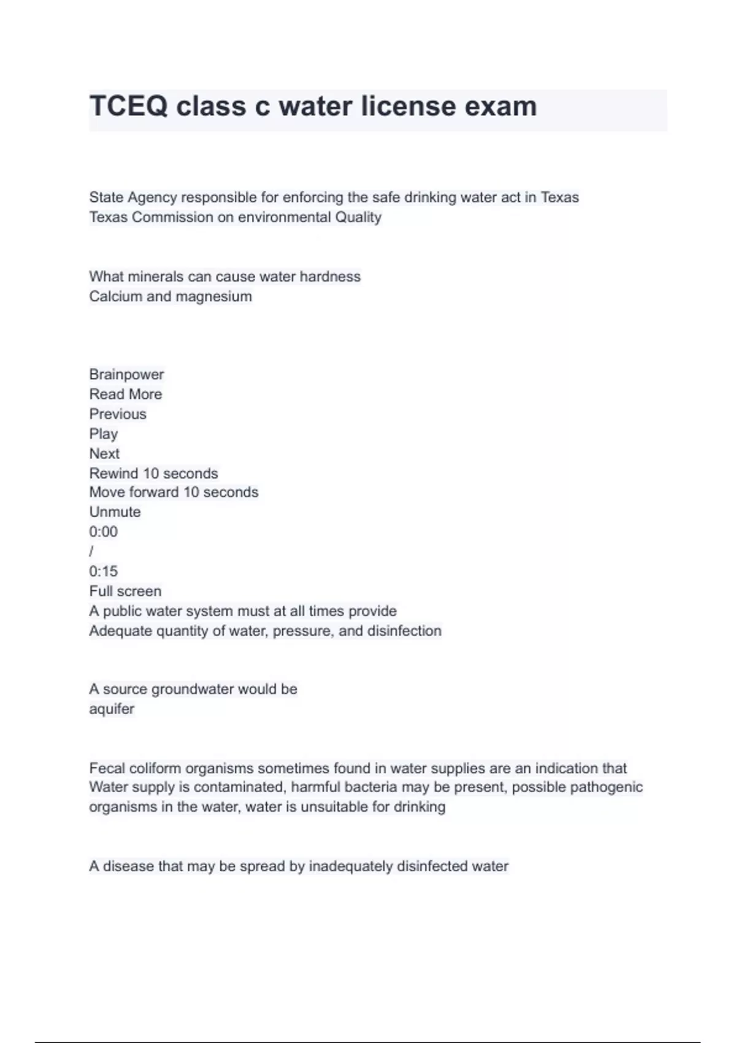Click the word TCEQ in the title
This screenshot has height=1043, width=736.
tap(128, 106)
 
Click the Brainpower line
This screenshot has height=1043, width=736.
tap(126, 374)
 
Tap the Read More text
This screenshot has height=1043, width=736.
tap(126, 394)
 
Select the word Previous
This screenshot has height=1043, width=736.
tap(118, 414)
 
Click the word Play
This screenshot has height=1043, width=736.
tap(103, 434)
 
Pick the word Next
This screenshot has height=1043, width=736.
tap(104, 453)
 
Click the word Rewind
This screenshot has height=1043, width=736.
tap(114, 474)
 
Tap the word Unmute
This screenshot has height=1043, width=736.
tap(115, 512)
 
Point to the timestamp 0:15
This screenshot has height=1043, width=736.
tap(103, 571)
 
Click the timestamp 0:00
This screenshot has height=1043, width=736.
tap(103, 531)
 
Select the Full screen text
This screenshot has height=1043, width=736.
tap(125, 591)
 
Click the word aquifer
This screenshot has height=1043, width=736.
tap(112, 709)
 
